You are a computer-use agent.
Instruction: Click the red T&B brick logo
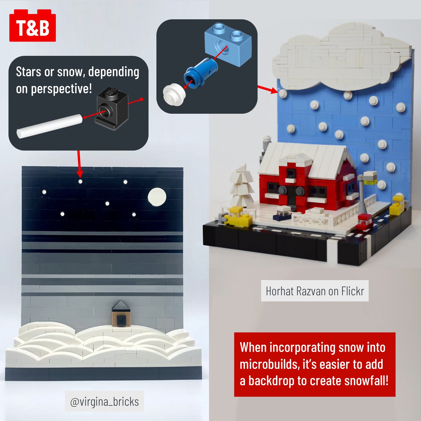click(x=32, y=25)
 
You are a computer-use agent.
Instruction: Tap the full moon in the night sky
click(x=157, y=197)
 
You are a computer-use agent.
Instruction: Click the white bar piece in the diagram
click(x=50, y=126)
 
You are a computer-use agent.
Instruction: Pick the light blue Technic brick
click(x=228, y=44)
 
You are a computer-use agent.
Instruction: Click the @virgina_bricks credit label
click(x=104, y=402)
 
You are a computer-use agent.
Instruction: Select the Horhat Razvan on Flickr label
click(x=315, y=291)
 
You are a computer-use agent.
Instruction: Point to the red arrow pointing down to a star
click(x=79, y=164)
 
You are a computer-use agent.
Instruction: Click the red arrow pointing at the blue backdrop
click(x=268, y=89)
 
